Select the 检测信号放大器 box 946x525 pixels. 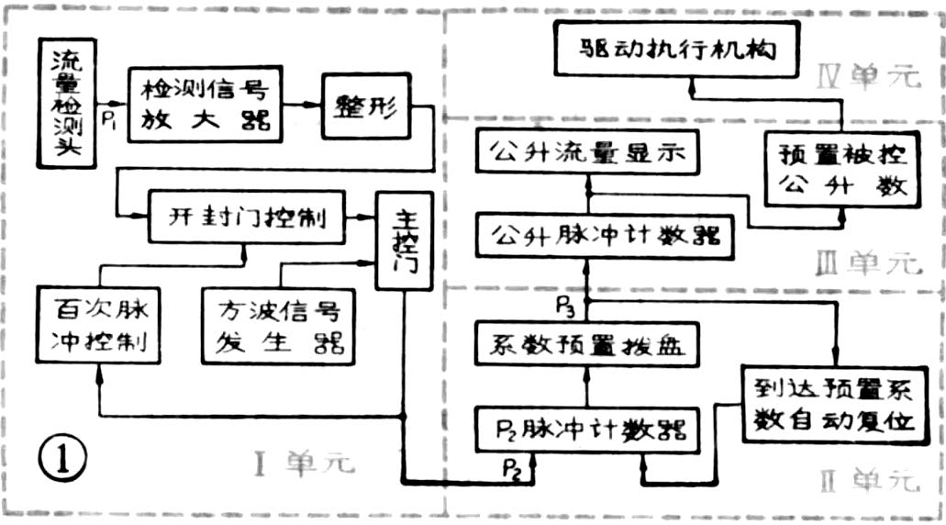click(201, 104)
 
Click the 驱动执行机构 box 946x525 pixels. click(677, 50)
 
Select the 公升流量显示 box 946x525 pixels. click(587, 151)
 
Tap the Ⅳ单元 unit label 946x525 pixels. click(867, 76)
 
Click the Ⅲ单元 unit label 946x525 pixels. click(867, 264)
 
